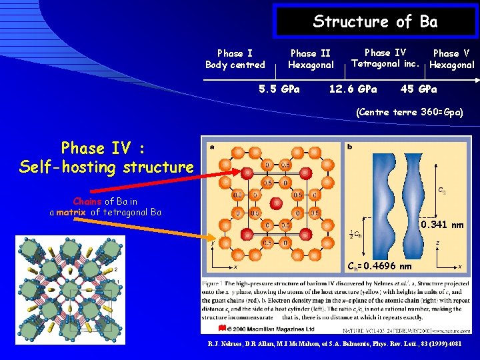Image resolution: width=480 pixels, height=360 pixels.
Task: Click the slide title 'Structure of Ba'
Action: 375,21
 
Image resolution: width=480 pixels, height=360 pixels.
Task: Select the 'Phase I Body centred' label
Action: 235,59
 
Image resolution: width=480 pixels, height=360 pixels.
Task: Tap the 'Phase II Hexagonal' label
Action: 310,59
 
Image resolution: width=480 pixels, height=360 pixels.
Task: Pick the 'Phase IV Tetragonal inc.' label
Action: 385,58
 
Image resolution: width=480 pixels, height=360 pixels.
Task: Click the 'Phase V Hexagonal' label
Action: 451,59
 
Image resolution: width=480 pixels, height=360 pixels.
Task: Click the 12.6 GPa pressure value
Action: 353,89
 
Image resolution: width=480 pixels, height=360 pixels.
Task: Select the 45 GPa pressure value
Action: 419,89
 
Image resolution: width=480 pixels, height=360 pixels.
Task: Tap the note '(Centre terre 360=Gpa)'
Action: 410,112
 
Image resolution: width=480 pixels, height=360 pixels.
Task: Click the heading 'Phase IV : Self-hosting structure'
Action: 107,157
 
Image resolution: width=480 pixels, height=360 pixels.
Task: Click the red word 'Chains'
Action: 87,201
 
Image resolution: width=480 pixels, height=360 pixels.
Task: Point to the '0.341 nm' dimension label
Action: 442,225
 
